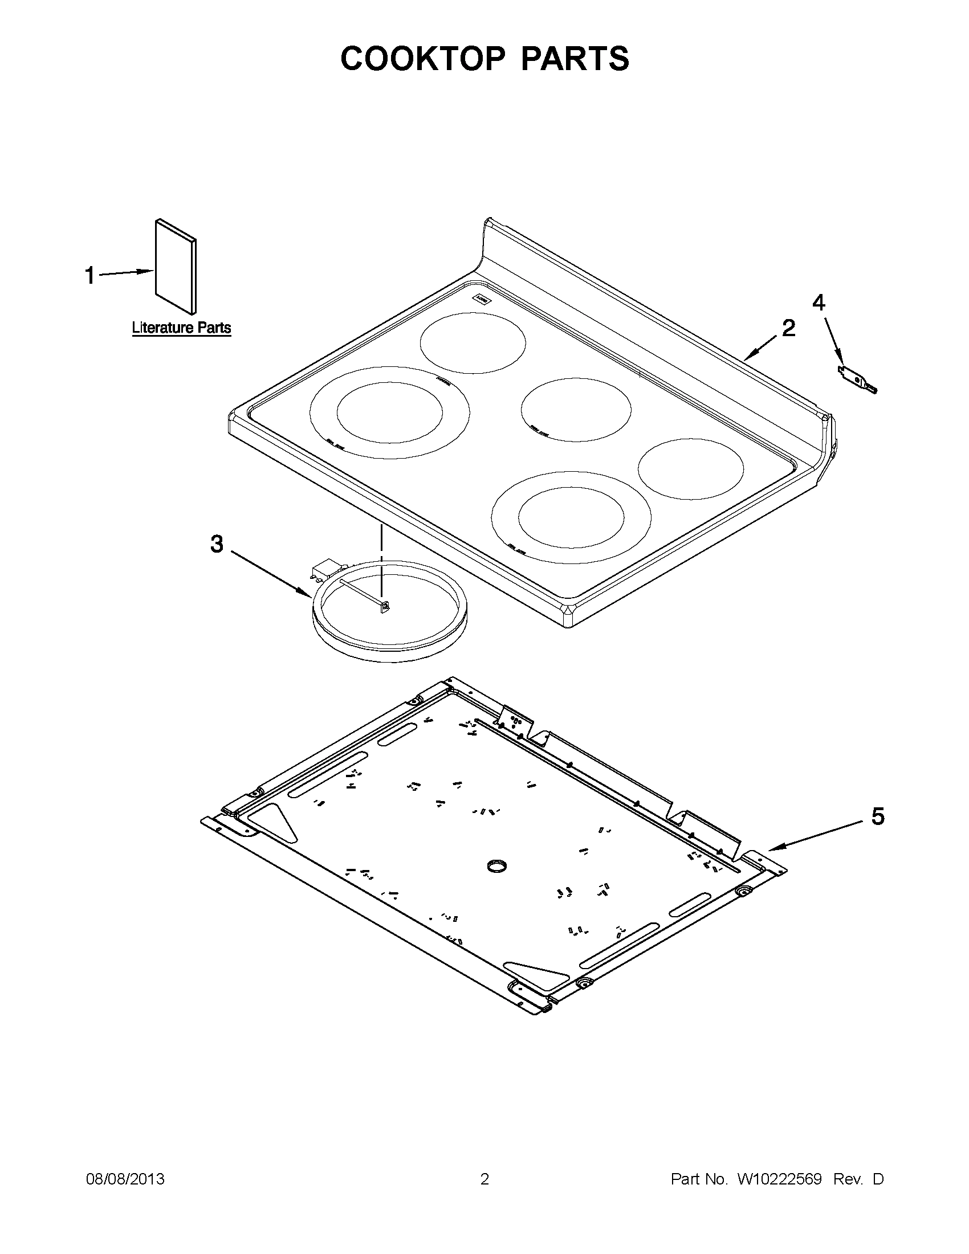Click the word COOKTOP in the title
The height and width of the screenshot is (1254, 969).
click(422, 59)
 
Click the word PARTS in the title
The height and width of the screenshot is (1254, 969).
click(575, 59)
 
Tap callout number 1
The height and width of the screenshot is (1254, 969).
click(89, 275)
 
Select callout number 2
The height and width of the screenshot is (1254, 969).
click(789, 328)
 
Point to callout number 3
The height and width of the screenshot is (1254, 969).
click(216, 543)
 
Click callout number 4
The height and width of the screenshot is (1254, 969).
click(819, 302)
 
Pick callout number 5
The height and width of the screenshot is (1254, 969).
click(878, 816)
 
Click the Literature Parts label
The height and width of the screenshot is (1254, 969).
click(181, 328)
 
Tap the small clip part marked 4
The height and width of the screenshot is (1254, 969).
click(857, 381)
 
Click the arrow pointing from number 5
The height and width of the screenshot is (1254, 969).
click(816, 835)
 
